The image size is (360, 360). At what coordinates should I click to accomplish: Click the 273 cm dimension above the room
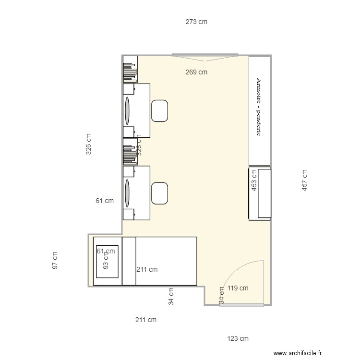point(196,22)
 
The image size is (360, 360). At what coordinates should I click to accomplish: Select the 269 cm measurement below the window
point(196,72)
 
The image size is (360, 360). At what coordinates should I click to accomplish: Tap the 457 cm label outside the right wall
point(304,181)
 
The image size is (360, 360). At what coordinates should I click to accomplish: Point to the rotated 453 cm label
point(254,181)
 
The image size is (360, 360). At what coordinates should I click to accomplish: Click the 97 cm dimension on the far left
point(55,260)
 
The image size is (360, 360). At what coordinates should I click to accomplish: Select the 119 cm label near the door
point(238,288)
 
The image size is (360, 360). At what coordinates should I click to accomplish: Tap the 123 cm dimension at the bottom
point(238,338)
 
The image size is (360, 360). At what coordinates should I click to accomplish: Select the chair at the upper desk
point(159,110)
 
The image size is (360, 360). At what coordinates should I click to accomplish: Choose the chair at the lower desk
point(159,193)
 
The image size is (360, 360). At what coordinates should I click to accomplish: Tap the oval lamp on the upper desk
point(128,110)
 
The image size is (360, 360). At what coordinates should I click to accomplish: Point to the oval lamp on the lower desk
point(128,193)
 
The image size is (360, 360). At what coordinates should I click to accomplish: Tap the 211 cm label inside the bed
point(147,269)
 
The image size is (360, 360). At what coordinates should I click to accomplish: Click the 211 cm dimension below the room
point(145,320)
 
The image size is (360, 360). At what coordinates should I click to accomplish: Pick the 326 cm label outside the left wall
point(88,144)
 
